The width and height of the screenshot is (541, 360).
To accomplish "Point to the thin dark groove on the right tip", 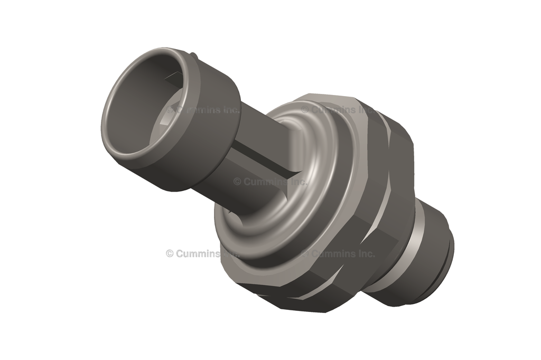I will tap(447, 264).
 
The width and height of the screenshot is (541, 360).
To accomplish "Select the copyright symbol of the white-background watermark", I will tap(170, 253).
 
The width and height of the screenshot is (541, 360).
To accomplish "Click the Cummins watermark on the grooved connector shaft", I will tap(269, 181).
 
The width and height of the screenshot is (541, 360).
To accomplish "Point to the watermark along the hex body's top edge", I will tap(338, 110).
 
